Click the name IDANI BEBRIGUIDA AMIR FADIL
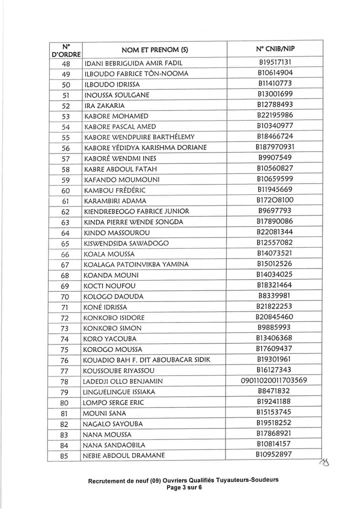pyautogui.click(x=133, y=63)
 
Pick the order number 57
pyautogui.click(x=65, y=158)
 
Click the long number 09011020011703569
pyautogui.click(x=274, y=380)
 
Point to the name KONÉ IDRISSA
pyautogui.click(x=105, y=307)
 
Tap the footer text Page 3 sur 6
pyautogui.click(x=183, y=488)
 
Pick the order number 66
pyautogui.click(x=65, y=254)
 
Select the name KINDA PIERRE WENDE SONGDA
pyautogui.click(x=133, y=221)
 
